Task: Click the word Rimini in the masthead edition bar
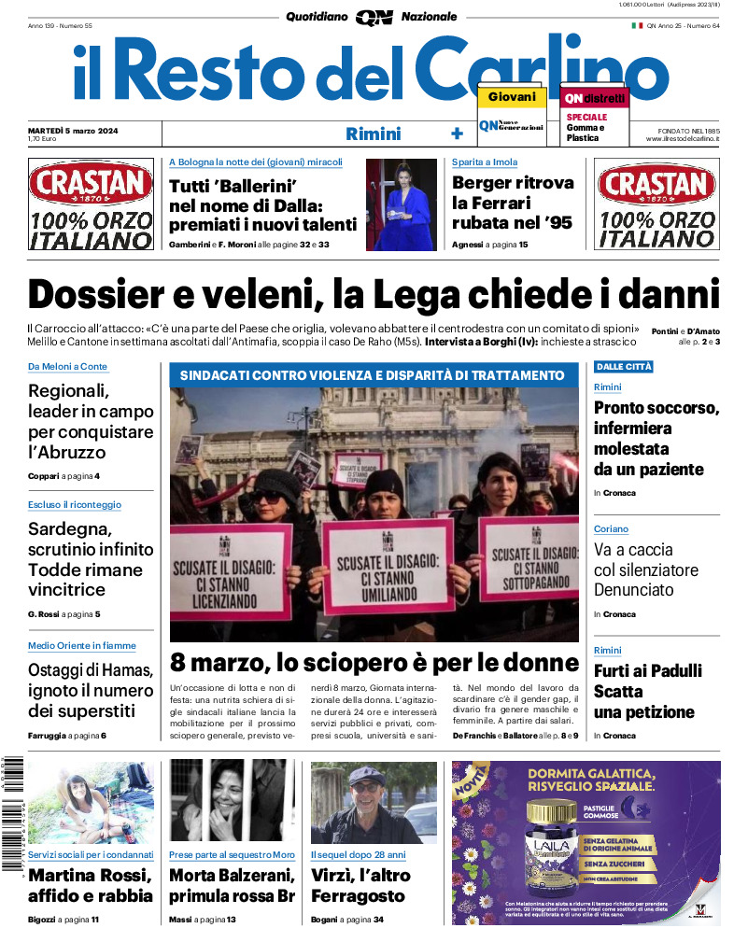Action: point(373,134)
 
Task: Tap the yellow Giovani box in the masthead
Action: point(512,96)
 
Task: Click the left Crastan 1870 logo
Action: point(91,185)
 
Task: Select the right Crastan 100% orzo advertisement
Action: point(657,205)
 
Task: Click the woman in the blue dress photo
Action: point(401,204)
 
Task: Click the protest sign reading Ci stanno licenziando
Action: point(228,572)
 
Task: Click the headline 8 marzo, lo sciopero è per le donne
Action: point(374,663)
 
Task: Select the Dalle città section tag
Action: point(623,367)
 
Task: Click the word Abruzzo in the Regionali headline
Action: point(67,453)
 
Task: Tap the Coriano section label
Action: point(612,529)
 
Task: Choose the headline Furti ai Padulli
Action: point(647,671)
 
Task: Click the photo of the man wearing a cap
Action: point(374,802)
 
